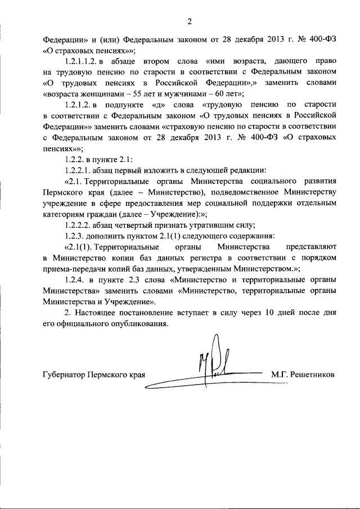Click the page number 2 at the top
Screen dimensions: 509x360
[190, 22]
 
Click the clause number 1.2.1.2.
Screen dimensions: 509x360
[78, 105]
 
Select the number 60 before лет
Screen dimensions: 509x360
[213, 94]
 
